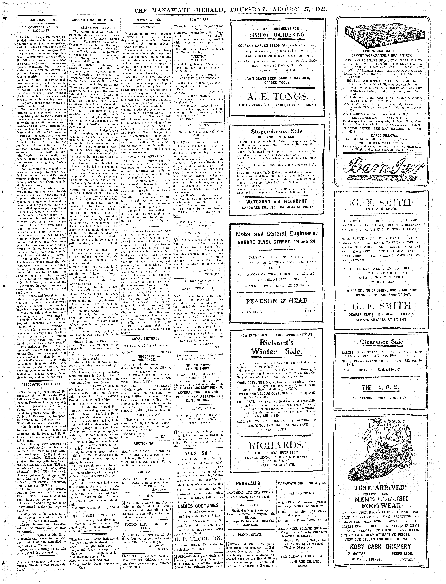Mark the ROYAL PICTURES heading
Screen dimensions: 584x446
(x=146, y=339)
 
